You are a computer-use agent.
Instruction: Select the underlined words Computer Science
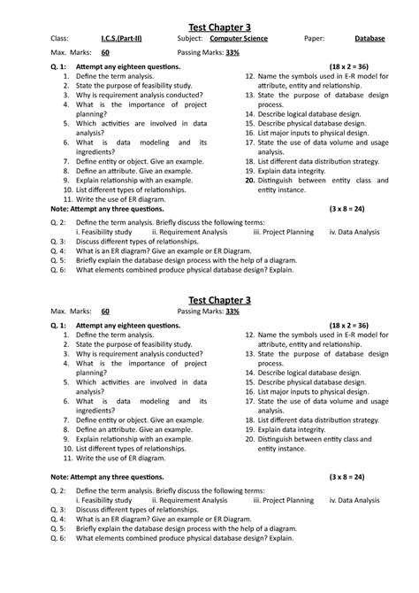(238, 39)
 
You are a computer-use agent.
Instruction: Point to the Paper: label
(314, 39)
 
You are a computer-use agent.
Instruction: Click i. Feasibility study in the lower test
(103, 500)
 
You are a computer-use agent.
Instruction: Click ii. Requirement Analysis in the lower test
(189, 500)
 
